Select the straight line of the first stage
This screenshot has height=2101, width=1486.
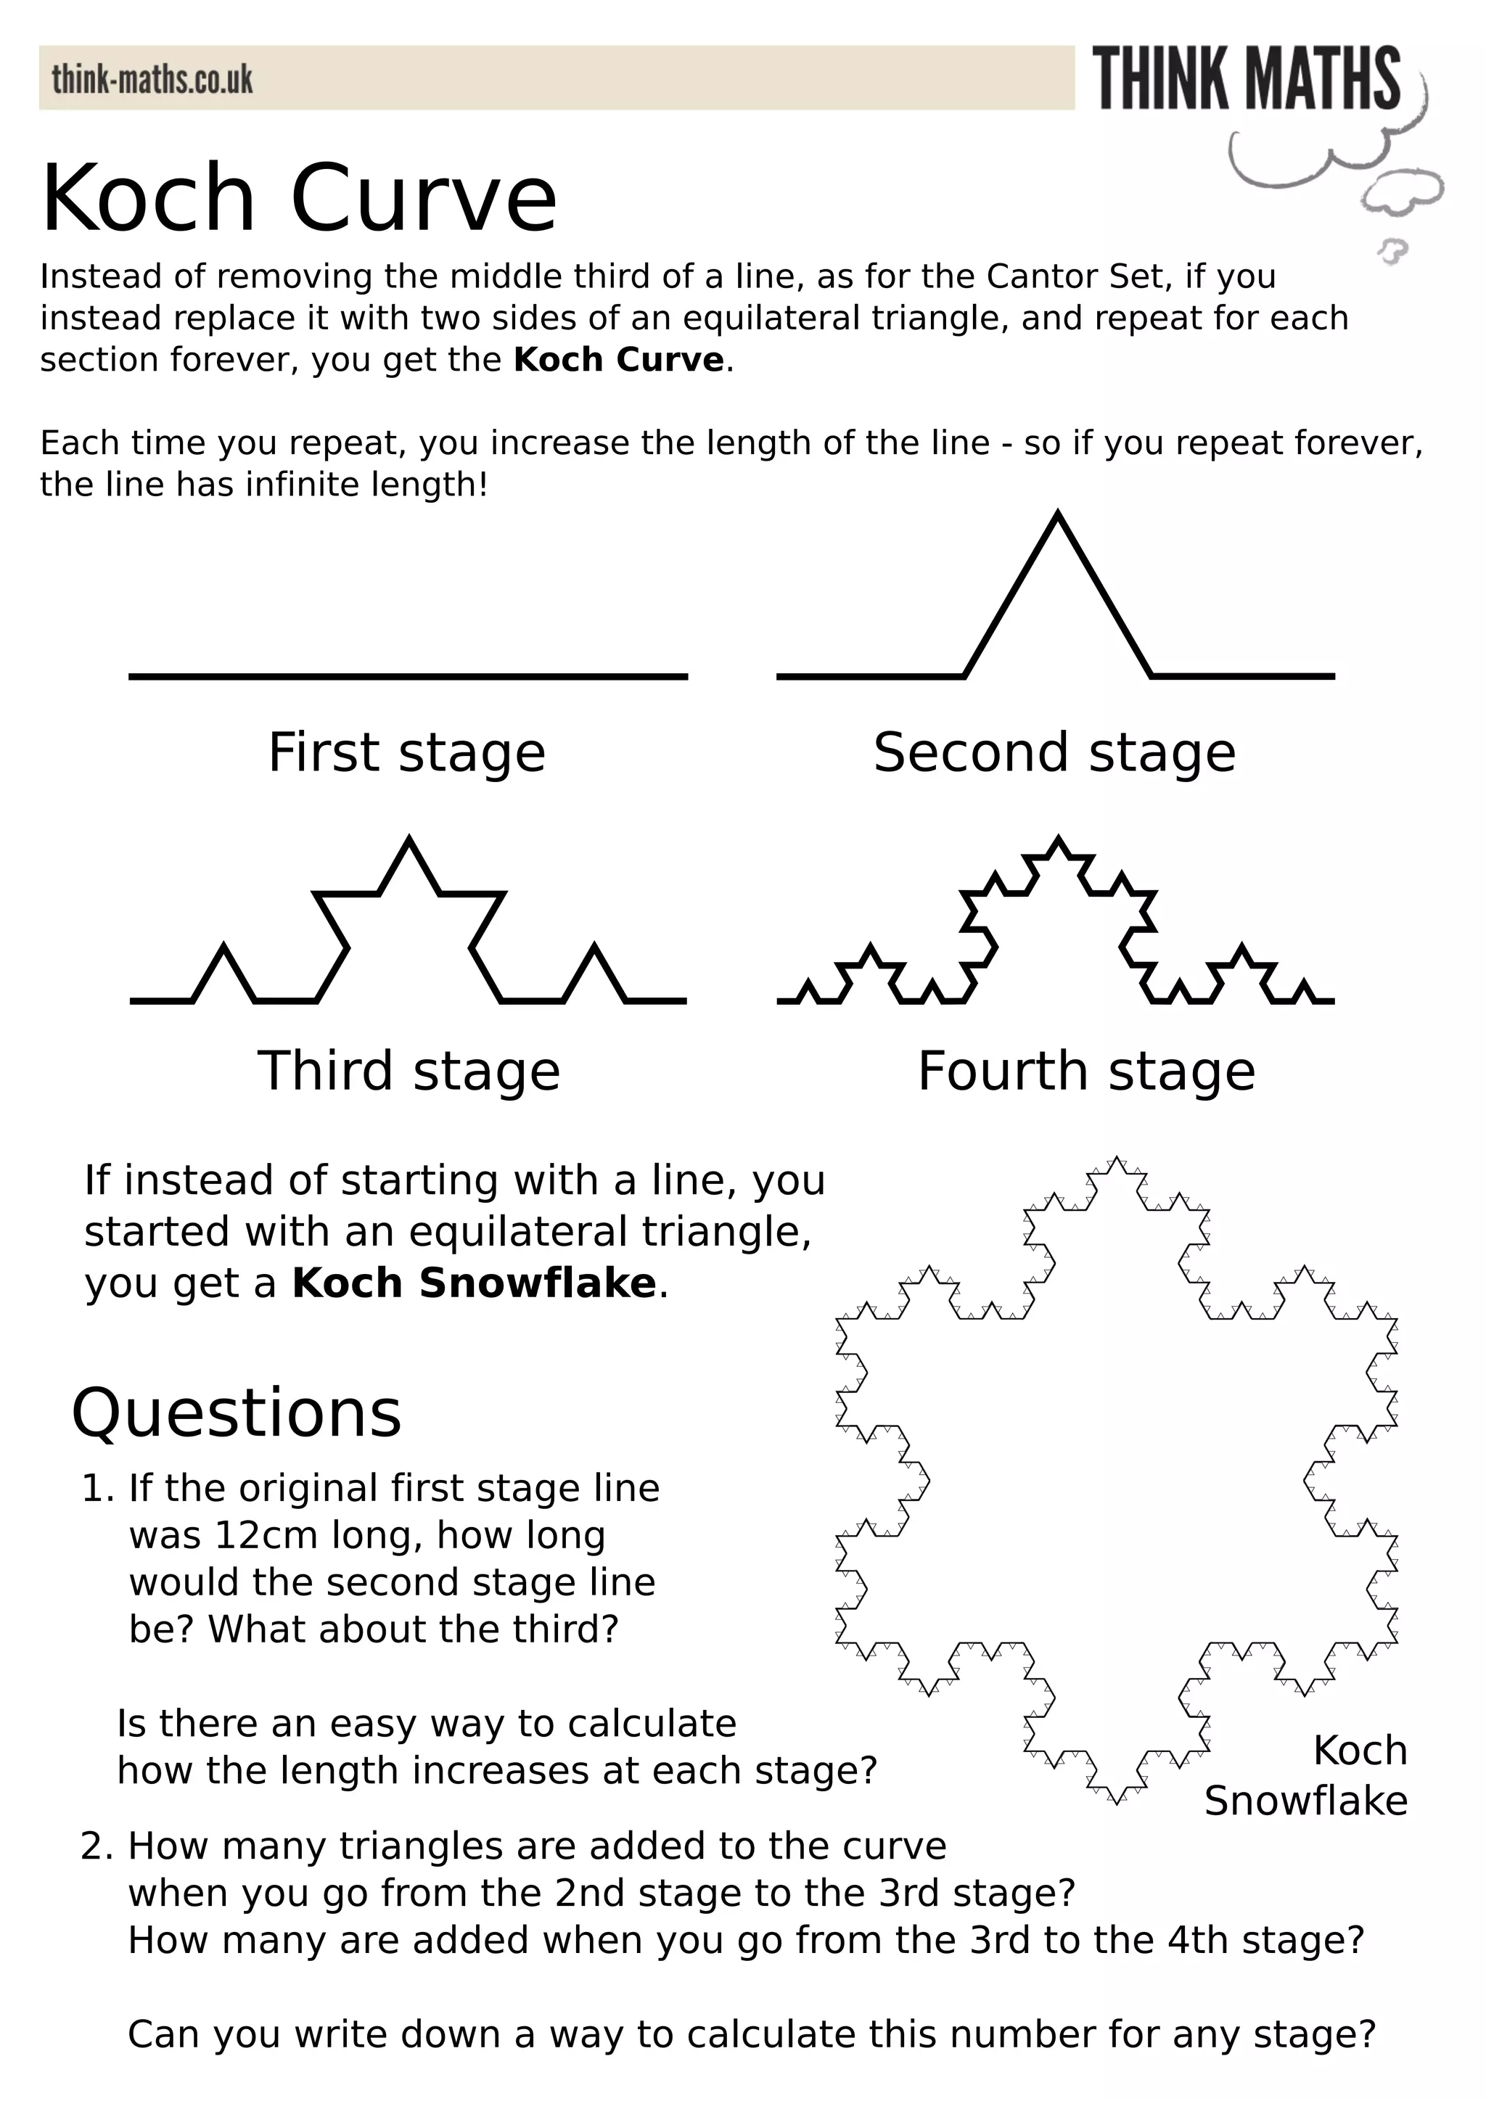click(408, 676)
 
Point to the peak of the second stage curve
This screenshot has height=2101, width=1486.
click(1058, 515)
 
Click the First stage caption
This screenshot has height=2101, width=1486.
click(406, 752)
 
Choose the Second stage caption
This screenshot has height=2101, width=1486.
click(1054, 752)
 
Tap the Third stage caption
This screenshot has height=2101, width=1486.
click(408, 1071)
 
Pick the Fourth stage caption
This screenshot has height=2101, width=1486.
click(1086, 1071)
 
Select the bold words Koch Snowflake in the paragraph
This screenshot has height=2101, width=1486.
click(474, 1283)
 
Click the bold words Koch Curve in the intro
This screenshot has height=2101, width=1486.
click(618, 360)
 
